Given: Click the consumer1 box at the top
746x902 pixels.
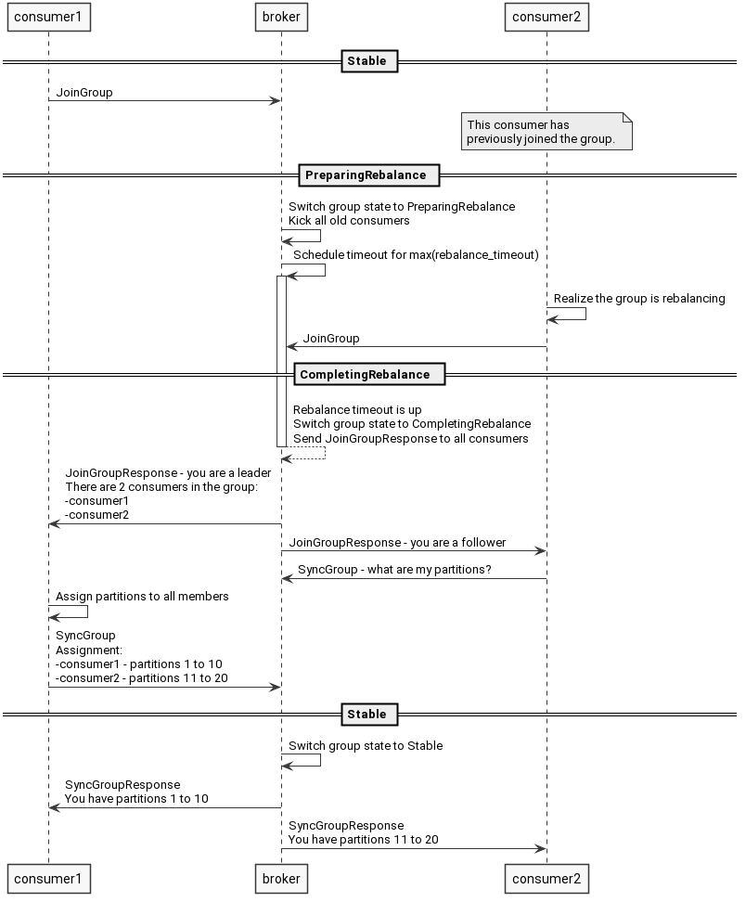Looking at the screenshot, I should pos(48,17).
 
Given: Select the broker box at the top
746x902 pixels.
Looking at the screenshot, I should pos(281,17).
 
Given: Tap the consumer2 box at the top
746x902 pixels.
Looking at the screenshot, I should pos(547,17).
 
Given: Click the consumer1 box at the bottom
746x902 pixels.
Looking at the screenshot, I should pos(48,878).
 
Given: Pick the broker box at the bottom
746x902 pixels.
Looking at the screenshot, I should pos(281,878).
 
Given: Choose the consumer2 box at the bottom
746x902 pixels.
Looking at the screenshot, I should pos(547,878).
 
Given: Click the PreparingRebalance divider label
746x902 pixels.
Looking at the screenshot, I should pos(366,175).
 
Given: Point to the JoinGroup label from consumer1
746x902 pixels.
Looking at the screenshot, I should pos(84,93).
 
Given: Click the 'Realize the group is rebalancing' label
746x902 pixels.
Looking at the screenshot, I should pos(639,299).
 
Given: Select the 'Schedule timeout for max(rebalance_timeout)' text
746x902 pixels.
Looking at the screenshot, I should pos(416,254).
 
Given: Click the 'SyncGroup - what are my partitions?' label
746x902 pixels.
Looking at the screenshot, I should pos(394,570).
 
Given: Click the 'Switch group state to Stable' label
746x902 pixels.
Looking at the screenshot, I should pos(366,746).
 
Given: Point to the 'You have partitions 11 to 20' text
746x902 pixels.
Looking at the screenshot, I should pos(363,840).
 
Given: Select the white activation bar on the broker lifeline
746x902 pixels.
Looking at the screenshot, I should pos(281,362).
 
